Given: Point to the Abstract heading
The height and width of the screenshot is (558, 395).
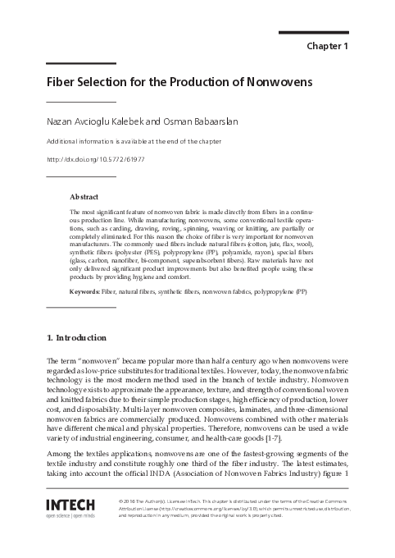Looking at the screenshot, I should click(84, 198).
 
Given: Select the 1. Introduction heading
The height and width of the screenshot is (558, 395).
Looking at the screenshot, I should click(76, 337).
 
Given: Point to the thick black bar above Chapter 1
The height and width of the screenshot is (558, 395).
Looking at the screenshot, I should click(314, 33).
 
